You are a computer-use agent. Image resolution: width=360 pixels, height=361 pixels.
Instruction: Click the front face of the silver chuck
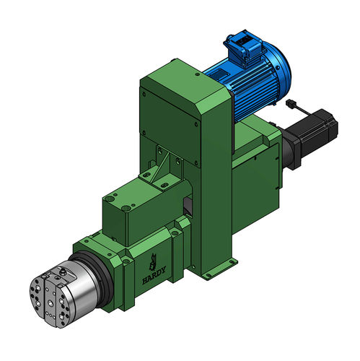50,294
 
